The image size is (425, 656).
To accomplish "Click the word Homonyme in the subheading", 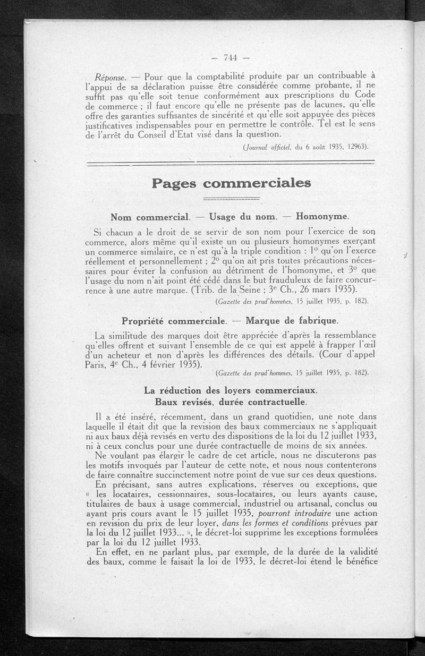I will [x=322, y=217].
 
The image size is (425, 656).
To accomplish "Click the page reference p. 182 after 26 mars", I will [x=358, y=302].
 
